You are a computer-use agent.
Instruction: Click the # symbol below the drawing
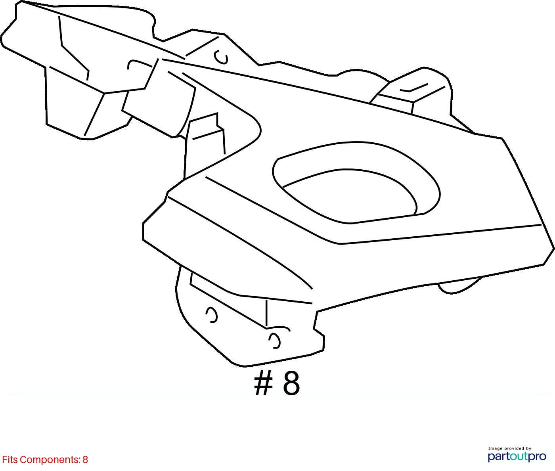[263, 384]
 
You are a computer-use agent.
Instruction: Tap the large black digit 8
[291, 384]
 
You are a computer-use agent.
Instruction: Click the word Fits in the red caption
[10, 460]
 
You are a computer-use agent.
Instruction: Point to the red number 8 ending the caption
[85, 460]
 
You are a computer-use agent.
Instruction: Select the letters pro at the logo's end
[537, 457]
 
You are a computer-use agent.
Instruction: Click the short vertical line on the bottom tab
[266, 313]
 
